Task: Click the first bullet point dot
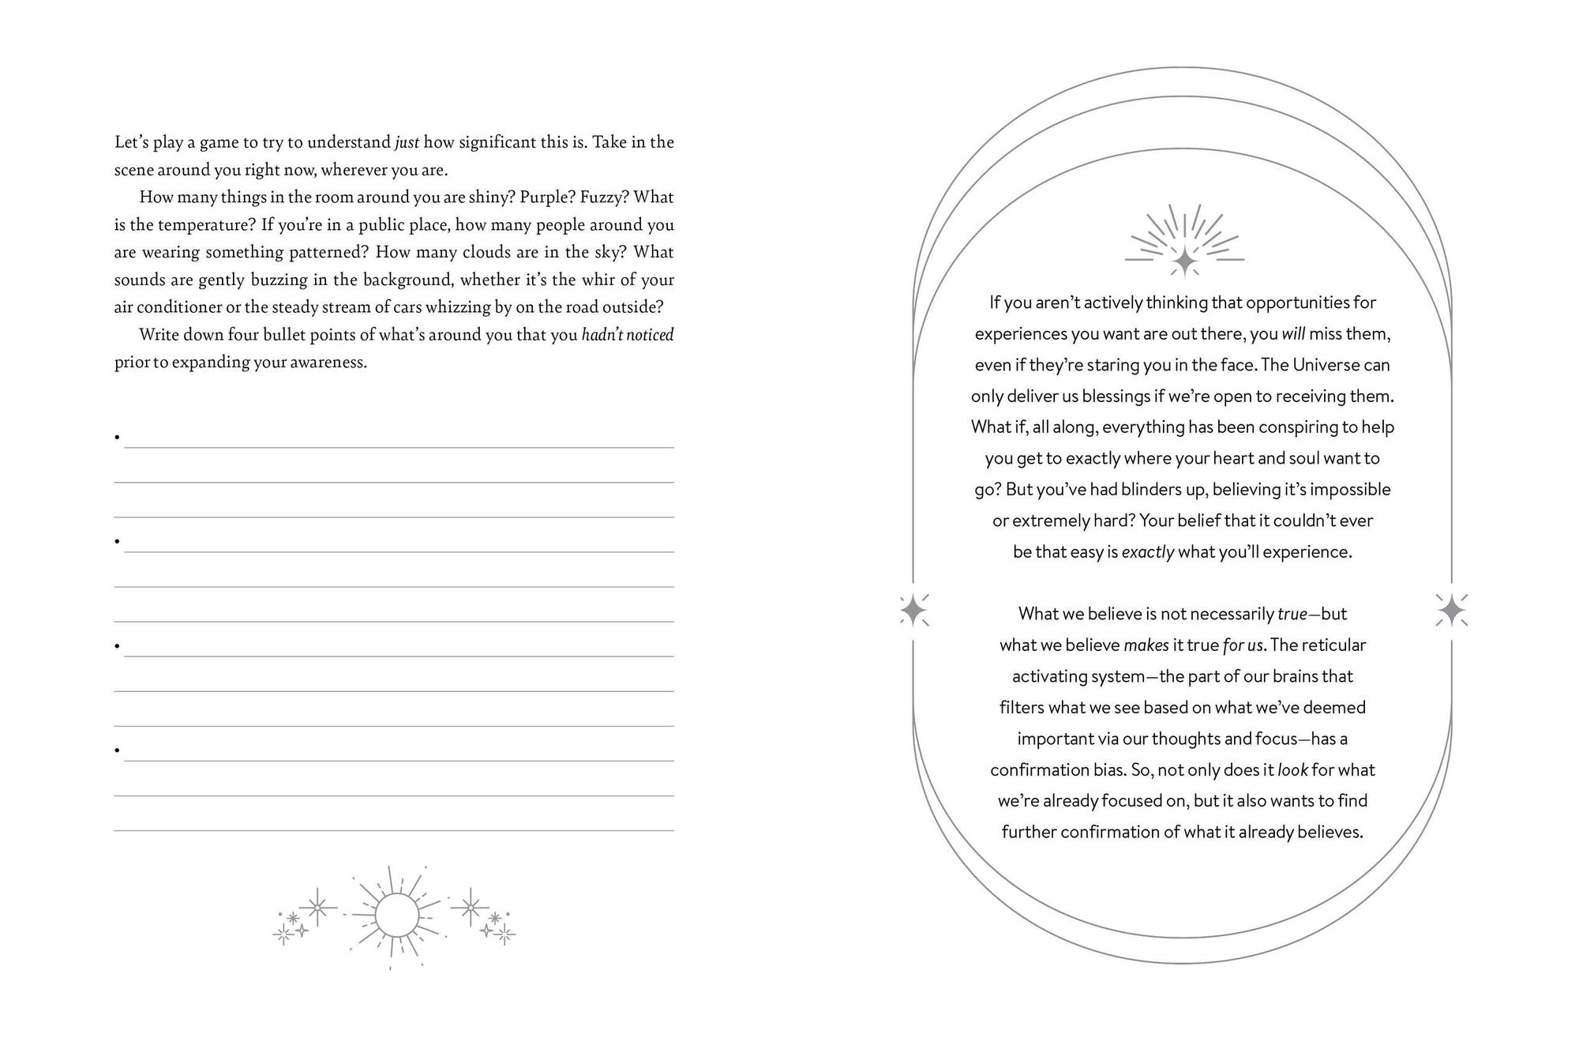click(x=117, y=437)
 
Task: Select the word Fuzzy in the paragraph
click(x=604, y=197)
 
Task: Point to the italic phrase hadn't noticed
click(x=628, y=335)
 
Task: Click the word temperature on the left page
click(x=207, y=224)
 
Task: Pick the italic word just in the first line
click(x=407, y=142)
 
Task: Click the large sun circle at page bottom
click(x=396, y=916)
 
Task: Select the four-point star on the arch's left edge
click(x=913, y=611)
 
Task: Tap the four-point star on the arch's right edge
click(x=1451, y=611)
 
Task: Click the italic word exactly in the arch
click(x=1148, y=552)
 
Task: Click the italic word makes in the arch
click(x=1146, y=645)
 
